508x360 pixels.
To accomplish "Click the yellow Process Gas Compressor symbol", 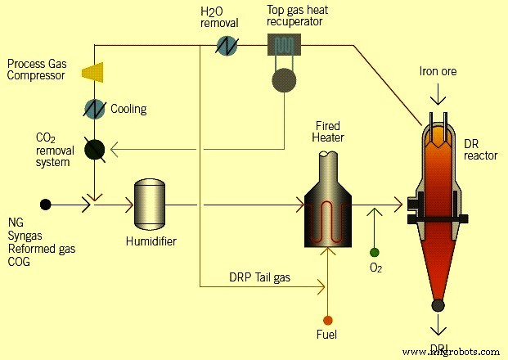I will [92, 72].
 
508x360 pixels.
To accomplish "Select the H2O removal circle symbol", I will [227, 46].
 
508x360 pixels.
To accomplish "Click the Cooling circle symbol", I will [95, 108].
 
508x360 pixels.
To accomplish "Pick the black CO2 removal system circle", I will [95, 148].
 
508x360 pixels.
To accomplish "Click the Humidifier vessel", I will [149, 203].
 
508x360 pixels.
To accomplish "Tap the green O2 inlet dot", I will [375, 252].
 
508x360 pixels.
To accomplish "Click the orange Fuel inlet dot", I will [327, 319].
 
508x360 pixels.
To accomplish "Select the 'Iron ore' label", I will [439, 72].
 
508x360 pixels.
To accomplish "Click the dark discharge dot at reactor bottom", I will [438, 306].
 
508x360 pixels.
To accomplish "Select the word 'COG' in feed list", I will [20, 261].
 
